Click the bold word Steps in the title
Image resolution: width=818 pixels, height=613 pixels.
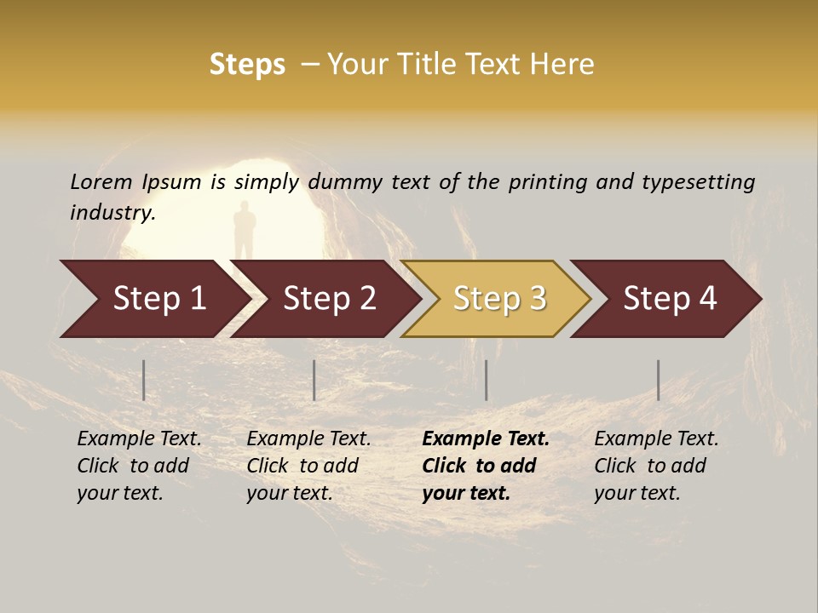click(247, 65)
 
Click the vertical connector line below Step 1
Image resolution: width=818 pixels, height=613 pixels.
click(144, 380)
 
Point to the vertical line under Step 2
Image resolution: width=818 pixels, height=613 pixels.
click(314, 380)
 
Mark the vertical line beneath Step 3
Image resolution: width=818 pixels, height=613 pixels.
click(486, 380)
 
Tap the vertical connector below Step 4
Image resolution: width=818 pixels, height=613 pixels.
click(658, 380)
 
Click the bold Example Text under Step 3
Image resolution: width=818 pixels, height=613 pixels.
click(485, 466)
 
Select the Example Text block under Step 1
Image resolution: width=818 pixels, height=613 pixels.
click(139, 466)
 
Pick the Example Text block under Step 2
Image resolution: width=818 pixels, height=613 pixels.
click(308, 466)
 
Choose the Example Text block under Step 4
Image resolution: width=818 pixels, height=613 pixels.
click(656, 466)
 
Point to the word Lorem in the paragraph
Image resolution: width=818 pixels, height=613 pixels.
click(101, 182)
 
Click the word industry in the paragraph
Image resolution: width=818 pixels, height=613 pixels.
click(112, 213)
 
